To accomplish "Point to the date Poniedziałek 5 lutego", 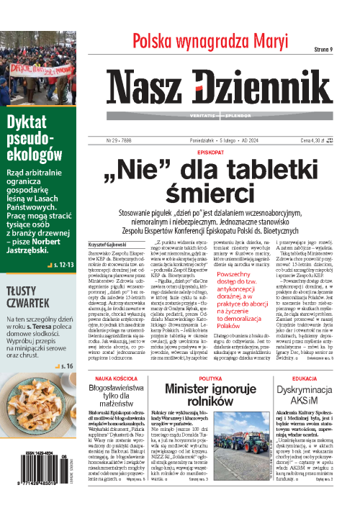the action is click(213, 140).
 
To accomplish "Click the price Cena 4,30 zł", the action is click(315, 140).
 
